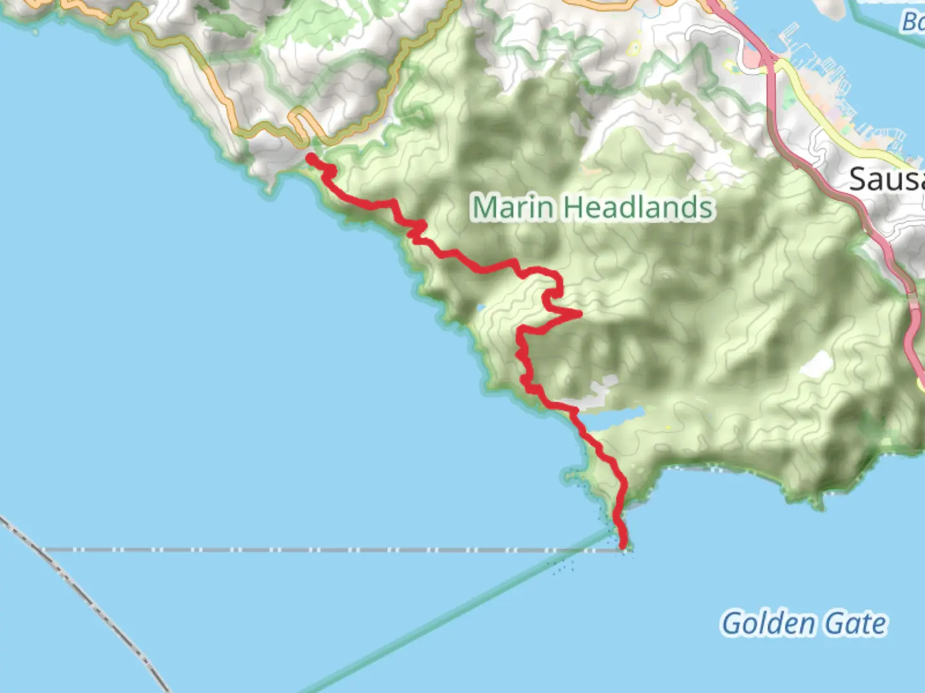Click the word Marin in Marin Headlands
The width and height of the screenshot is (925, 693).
coord(512,208)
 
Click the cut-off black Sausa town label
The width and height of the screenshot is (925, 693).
coord(886,179)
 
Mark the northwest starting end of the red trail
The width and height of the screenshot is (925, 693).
coord(310,158)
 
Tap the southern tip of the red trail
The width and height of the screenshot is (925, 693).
coord(623,545)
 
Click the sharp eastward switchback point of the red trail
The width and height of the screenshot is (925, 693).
coord(580,314)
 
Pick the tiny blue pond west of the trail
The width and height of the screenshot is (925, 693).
coord(481,309)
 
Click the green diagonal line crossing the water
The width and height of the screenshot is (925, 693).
coord(450,616)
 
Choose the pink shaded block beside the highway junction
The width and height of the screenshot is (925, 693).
coord(750,59)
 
